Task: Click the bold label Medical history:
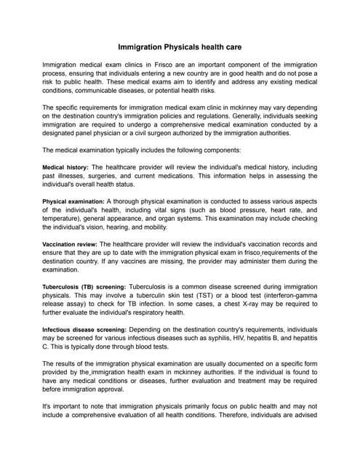[x=65, y=167]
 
